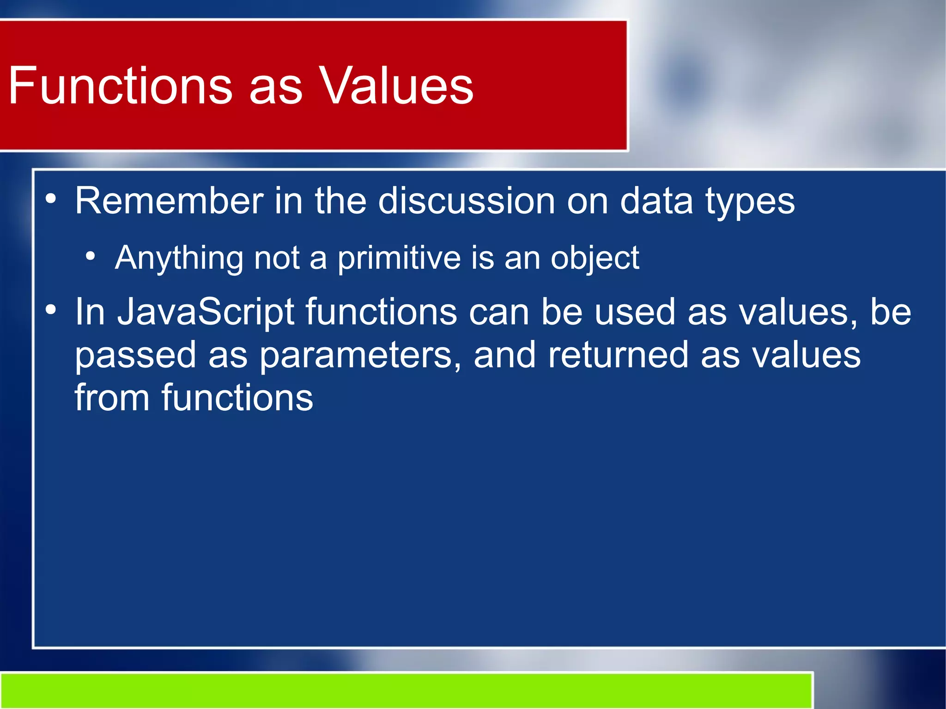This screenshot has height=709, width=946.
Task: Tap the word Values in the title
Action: [x=396, y=85]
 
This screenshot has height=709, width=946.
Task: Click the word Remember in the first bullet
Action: [x=169, y=201]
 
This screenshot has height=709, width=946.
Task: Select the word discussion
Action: [x=467, y=201]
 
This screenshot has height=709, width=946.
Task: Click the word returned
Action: [x=618, y=355]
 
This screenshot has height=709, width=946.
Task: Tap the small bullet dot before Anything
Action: [x=91, y=255]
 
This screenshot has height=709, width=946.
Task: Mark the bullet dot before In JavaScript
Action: [x=51, y=310]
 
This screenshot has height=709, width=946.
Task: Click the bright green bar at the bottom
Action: [x=406, y=691]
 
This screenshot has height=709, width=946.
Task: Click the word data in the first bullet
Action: [x=656, y=201]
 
